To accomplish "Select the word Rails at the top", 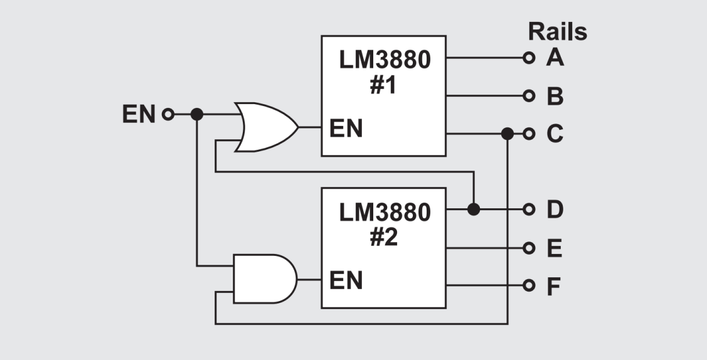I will click(x=557, y=31).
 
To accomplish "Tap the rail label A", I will click(x=555, y=58).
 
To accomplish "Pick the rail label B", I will click(x=555, y=97).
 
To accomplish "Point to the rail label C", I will click(x=555, y=134).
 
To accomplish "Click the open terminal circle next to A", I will click(x=529, y=58).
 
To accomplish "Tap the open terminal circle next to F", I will click(x=529, y=287).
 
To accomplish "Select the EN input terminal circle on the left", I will click(x=167, y=114).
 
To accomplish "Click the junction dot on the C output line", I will click(x=508, y=134).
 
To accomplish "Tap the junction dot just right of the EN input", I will click(x=197, y=114).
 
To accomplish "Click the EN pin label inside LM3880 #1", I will click(x=346, y=129).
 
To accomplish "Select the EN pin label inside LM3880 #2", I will click(x=346, y=280).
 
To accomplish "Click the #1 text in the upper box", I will click(x=383, y=85).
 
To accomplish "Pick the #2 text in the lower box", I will click(x=383, y=238).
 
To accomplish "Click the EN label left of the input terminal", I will click(x=139, y=115).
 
